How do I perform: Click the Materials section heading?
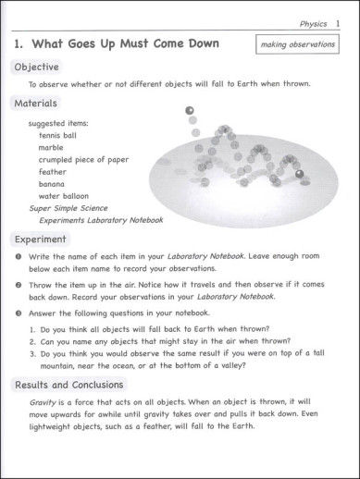coord(36,104)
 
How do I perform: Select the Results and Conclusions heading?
coord(68,385)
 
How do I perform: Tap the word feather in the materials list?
coord(53,172)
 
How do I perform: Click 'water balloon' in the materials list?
coord(64,196)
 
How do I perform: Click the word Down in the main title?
coord(199,43)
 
